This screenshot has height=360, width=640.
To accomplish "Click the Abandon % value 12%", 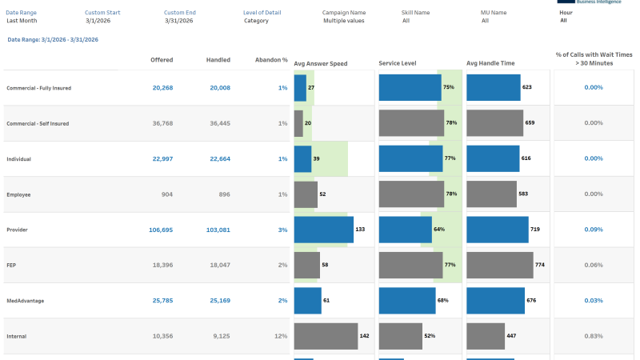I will [281, 336].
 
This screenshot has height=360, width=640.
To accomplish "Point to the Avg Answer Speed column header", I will [321, 63].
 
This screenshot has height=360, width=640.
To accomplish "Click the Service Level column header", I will [398, 63].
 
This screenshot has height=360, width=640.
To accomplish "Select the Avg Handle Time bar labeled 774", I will [499, 265].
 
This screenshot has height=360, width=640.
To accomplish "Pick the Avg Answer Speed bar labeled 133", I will [323, 230].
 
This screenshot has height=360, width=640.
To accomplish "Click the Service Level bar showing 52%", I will [400, 336].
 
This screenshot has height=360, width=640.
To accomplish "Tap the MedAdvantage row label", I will [25, 301].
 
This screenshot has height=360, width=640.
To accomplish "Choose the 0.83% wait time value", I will [593, 336].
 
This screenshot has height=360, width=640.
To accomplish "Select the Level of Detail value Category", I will [256, 21].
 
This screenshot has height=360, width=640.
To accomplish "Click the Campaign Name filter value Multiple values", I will [345, 21].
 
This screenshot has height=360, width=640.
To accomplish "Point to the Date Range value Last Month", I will [22, 21].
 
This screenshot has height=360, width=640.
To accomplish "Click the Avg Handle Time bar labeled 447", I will [486, 336].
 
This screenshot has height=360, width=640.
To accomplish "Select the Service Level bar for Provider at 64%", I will [405, 230].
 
